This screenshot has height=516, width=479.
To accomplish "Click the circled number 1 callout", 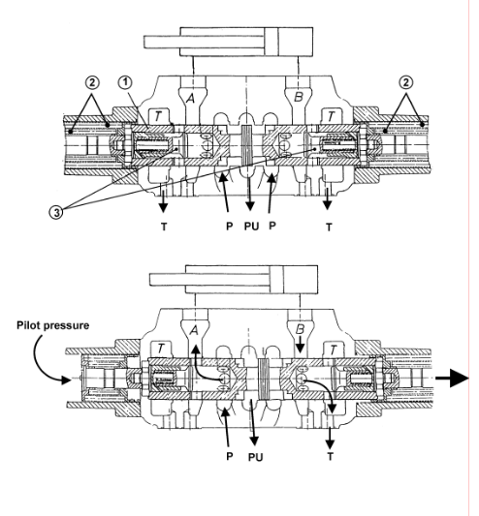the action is pyautogui.click(x=125, y=82).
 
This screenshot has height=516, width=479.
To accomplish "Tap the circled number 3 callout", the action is pyautogui.click(x=56, y=212).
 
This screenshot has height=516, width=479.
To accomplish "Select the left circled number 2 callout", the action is pyautogui.click(x=92, y=82).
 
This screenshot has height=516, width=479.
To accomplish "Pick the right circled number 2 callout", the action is pyautogui.click(x=406, y=82).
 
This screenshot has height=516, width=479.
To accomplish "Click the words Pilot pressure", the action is pyautogui.click(x=52, y=325).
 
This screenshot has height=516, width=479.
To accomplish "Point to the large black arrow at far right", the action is pyautogui.click(x=452, y=379).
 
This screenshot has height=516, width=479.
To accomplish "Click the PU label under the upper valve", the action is pyautogui.click(x=251, y=227).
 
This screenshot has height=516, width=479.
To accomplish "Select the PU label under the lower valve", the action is pyautogui.click(x=255, y=457).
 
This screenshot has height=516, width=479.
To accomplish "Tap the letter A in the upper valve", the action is pyautogui.click(x=190, y=98).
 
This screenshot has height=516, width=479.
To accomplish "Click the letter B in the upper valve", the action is pyautogui.click(x=298, y=97).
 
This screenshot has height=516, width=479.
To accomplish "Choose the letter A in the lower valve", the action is pyautogui.click(x=194, y=330).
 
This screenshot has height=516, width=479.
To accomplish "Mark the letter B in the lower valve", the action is pyautogui.click(x=300, y=329).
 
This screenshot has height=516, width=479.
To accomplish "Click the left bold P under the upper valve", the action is pyautogui.click(x=230, y=227).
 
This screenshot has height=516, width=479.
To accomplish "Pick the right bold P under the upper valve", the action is pyautogui.click(x=272, y=226).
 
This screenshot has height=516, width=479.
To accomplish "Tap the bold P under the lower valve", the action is pyautogui.click(x=230, y=456).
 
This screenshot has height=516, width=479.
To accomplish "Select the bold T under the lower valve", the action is pyautogui.click(x=330, y=456).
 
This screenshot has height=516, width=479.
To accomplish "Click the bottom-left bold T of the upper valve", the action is pyautogui.click(x=164, y=227).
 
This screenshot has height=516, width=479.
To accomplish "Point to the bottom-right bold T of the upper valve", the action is pyautogui.click(x=329, y=227).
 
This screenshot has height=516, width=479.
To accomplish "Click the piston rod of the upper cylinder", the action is pyautogui.click(x=162, y=43).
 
